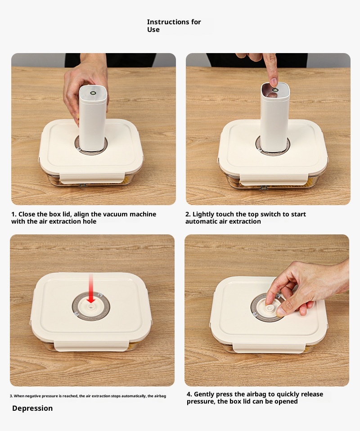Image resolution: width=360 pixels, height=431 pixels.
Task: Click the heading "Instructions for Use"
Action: (174, 26)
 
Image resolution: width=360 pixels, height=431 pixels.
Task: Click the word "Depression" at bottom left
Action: (32, 408)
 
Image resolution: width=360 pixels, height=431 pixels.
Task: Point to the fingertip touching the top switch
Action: (273, 81)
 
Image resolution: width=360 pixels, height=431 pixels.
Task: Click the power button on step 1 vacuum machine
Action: (93, 93)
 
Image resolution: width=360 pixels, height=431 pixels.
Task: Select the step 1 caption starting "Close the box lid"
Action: (84, 218)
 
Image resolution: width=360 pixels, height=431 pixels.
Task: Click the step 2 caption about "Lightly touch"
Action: (246, 218)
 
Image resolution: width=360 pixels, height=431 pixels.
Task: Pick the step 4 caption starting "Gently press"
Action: (255, 398)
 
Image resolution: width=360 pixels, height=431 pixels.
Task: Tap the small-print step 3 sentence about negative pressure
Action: (88, 396)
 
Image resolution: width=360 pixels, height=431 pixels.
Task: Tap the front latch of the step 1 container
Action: (92, 178)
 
